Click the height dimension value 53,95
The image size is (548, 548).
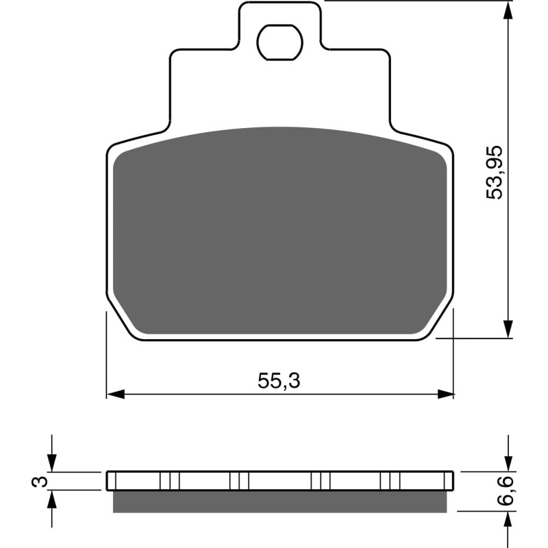(495, 172)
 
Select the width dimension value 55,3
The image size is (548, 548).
(279, 382)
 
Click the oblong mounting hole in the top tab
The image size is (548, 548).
(279, 42)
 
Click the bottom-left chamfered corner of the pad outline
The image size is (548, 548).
(121, 321)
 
